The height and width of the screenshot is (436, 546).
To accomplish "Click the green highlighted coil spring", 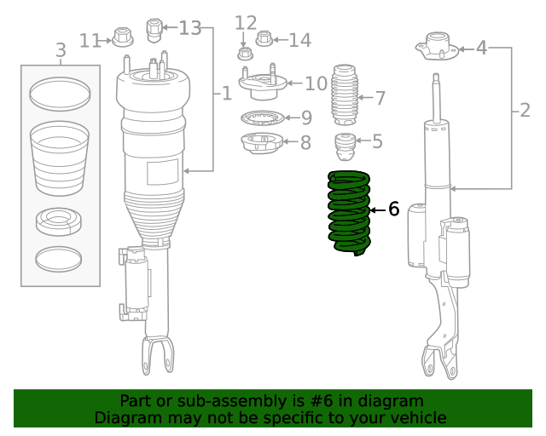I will click(350, 213).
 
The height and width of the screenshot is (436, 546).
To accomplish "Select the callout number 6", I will click(393, 209).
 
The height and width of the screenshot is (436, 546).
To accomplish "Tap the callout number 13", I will click(189, 28).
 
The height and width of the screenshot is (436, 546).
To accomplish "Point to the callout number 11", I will click(90, 39).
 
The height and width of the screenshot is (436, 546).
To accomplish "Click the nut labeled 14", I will click(264, 38).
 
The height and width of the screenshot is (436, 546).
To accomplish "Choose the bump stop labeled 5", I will click(346, 146).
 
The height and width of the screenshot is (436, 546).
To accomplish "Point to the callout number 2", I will click(524, 109).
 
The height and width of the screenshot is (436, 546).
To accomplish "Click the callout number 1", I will click(226, 93).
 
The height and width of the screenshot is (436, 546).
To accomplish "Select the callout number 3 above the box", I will click(61, 51).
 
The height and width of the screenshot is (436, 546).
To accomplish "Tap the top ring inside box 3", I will click(60, 94).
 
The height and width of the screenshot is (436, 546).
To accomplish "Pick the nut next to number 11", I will click(122, 38).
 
